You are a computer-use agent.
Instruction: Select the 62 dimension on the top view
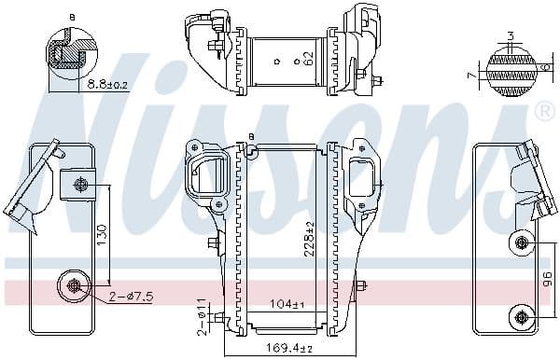tap(308, 58)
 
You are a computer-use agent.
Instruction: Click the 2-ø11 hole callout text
tap(203, 315)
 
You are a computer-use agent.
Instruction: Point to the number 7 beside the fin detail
tap(473, 74)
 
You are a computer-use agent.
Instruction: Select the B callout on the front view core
tap(251, 138)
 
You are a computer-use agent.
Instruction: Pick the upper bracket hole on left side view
tap(80, 185)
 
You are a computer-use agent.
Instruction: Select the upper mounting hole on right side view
tap(521, 243)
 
